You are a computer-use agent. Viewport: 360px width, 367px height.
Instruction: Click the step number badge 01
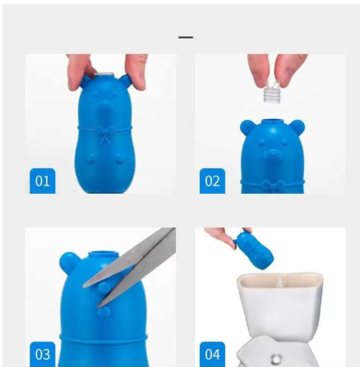pyautogui.click(x=43, y=181)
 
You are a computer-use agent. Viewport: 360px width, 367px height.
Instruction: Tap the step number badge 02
pyautogui.click(x=212, y=181)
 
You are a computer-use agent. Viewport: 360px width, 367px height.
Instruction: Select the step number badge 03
pyautogui.click(x=43, y=354)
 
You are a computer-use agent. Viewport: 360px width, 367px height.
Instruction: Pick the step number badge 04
pyautogui.click(x=212, y=354)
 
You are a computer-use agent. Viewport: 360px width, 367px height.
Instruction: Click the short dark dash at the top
pyautogui.click(x=186, y=37)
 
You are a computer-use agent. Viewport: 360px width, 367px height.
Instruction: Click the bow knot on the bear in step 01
pyautogui.click(x=105, y=135)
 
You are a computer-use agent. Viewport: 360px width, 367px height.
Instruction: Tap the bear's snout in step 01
pyautogui.click(x=104, y=105)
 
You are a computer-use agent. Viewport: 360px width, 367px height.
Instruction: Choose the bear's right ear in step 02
pyautogui.click(x=297, y=127)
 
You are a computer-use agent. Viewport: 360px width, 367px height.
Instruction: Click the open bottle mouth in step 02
pyautogui.click(x=273, y=121)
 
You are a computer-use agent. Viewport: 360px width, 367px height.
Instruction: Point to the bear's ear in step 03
pyautogui.click(x=69, y=262)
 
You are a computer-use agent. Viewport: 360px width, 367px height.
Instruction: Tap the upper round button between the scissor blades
pyautogui.click(x=104, y=288)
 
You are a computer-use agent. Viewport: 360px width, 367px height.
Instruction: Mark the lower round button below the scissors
pyautogui.click(x=104, y=311)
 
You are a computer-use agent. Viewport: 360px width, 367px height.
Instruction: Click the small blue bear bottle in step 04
pyautogui.click(x=254, y=250)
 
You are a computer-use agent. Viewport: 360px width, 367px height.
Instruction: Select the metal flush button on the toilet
pyautogui.click(x=276, y=359)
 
